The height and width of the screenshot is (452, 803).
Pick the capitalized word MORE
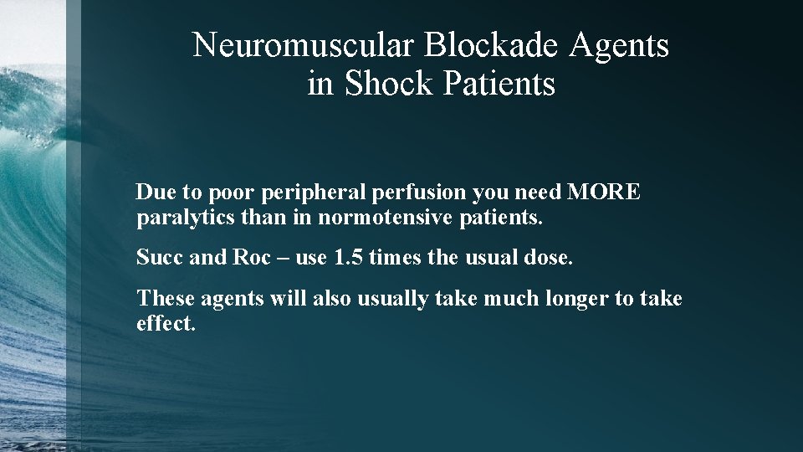[604, 193]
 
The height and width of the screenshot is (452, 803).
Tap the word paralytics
[176, 220]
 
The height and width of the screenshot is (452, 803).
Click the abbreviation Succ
[160, 258]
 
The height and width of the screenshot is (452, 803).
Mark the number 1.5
[348, 258]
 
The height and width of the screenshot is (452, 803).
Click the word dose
[550, 258]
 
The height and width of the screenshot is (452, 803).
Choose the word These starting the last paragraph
[161, 298]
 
